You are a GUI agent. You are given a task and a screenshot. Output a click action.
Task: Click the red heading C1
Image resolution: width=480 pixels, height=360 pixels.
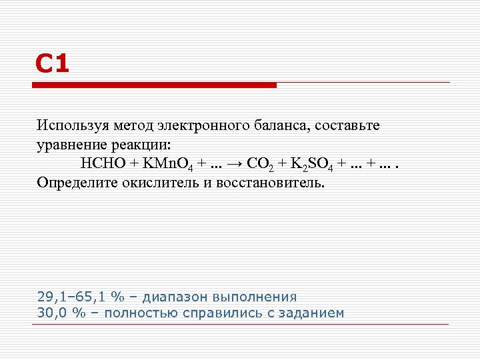click(52, 65)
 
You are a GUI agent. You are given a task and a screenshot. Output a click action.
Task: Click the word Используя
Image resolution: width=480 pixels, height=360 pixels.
click(73, 125)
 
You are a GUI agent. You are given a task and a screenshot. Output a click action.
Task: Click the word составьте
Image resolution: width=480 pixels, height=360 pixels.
click(348, 125)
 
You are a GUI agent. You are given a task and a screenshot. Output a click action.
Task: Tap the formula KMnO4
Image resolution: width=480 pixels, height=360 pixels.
click(165, 164)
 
